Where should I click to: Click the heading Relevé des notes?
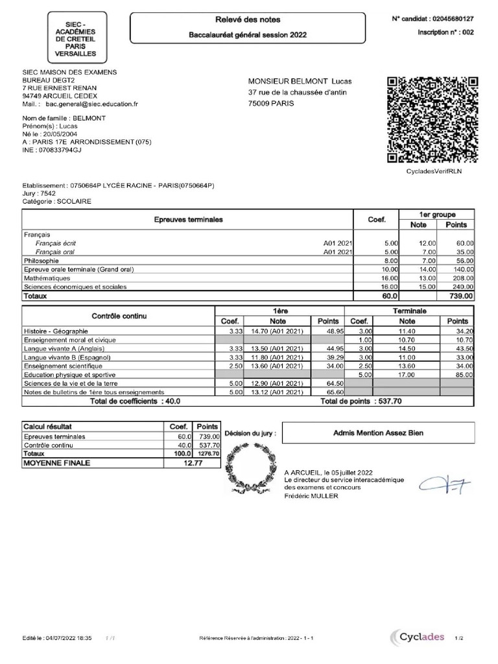pyautogui.click(x=248, y=20)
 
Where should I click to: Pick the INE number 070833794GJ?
pyautogui.click(x=60, y=149)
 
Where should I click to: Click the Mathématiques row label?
pyautogui.click(x=47, y=278)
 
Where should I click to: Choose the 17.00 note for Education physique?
pyautogui.click(x=407, y=374)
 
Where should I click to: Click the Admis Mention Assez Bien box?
pyautogui.click(x=378, y=433)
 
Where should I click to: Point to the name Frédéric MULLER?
pyautogui.click(x=311, y=496)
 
